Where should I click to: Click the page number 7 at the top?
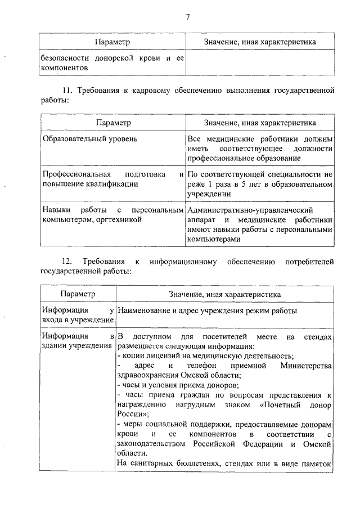[187, 16]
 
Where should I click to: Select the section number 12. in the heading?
[67, 262]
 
